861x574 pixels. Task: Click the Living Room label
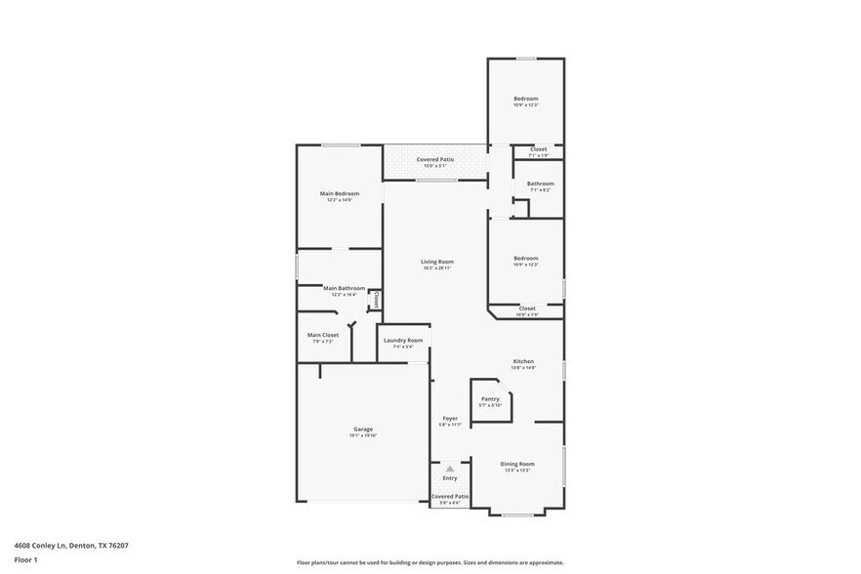[x=437, y=261]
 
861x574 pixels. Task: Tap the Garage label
[x=362, y=430]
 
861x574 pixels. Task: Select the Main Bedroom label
[x=340, y=193]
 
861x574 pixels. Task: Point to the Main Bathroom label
[x=345, y=288]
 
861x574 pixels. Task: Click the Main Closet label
[x=323, y=335]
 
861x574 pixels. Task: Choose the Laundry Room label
[x=403, y=340]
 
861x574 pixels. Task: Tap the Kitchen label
[x=524, y=361]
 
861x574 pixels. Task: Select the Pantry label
[x=490, y=398]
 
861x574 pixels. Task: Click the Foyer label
[x=449, y=418]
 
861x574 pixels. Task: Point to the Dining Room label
[x=517, y=464]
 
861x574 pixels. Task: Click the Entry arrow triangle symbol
[x=450, y=469]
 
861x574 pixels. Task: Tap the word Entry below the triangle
[x=450, y=478]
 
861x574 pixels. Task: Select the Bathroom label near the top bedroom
[x=540, y=184]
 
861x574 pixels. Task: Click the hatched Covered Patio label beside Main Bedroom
[x=435, y=159]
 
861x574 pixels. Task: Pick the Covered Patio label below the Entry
[x=450, y=496]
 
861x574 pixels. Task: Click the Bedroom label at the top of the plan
[x=526, y=99]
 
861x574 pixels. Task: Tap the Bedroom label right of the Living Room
[x=526, y=259]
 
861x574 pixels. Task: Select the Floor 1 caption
[x=25, y=559]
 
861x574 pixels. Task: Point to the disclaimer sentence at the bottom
[x=430, y=562]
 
